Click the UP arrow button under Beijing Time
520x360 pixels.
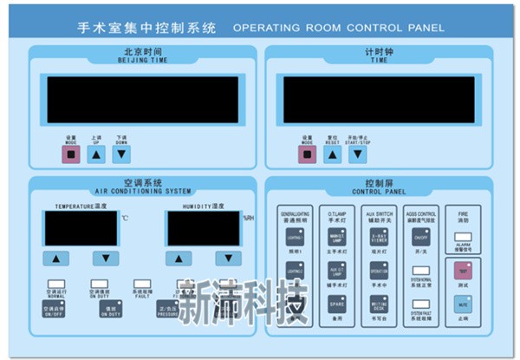(97, 154)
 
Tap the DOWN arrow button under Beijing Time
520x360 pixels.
(122, 154)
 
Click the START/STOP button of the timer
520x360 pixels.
(357, 154)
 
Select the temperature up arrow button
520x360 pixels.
(56, 258)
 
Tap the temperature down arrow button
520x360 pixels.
(106, 258)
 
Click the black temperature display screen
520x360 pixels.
(81, 228)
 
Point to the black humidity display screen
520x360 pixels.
(204, 228)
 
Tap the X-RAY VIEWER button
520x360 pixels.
(379, 237)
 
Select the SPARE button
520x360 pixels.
(336, 304)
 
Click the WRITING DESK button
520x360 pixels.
(379, 304)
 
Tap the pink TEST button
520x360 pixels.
(461, 270)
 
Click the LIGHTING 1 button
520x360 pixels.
(293, 237)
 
